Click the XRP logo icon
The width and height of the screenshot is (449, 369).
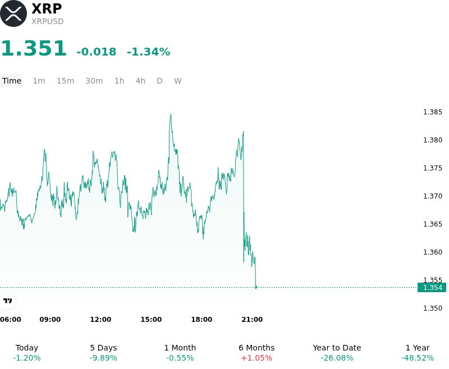[x=13, y=13]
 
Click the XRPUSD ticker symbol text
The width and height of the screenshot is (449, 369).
[x=48, y=21]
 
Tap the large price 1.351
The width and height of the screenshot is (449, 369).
[x=34, y=48]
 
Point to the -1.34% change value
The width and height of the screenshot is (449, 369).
[x=148, y=52]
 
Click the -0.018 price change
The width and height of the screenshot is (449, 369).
[x=96, y=52]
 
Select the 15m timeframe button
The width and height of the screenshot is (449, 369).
[x=65, y=81]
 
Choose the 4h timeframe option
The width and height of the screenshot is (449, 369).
[x=140, y=81]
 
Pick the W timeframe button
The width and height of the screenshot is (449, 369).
[x=177, y=81]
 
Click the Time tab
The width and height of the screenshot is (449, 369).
[x=12, y=81]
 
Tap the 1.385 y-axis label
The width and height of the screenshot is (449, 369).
[x=433, y=112]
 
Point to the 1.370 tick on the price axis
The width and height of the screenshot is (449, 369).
[x=433, y=196]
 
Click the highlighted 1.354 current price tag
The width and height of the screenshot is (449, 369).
[x=432, y=288]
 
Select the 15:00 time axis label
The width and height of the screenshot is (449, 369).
[x=151, y=320]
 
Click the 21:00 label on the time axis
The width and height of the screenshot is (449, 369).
[x=252, y=320]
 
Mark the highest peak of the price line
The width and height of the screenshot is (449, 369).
[x=171, y=114]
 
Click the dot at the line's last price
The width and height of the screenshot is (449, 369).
[x=256, y=287]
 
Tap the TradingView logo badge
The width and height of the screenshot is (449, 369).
[x=7, y=301]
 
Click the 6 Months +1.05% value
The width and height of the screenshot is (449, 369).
[x=256, y=358]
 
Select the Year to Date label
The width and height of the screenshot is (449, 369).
[x=337, y=348]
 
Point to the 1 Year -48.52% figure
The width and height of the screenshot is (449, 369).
[x=418, y=358]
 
